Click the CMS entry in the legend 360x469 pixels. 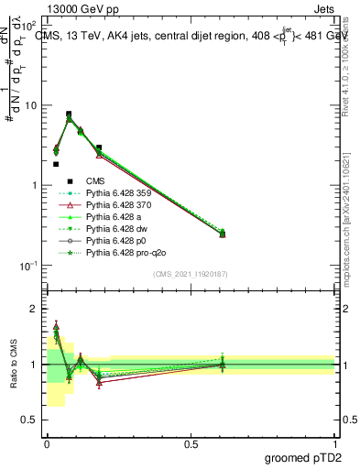click(x=95, y=181)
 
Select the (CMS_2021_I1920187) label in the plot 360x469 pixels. click(x=191, y=274)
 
